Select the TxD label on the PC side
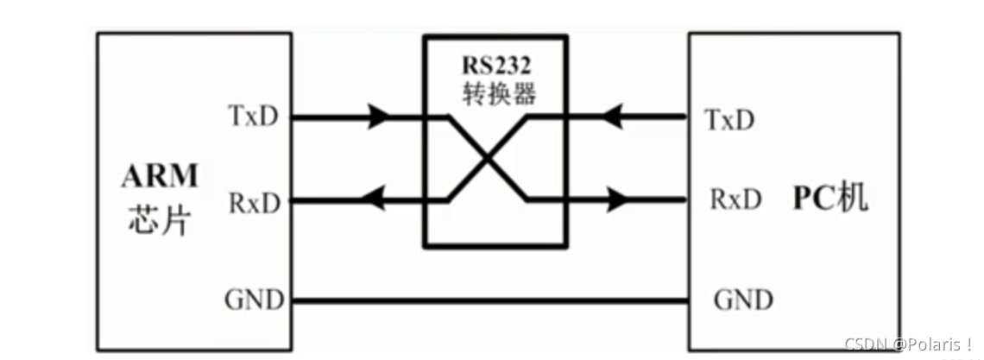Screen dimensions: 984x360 pos(729,120)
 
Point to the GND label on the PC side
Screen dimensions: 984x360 pos(743,300)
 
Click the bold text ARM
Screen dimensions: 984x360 pos(160,176)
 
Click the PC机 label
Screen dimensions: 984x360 pos(830,199)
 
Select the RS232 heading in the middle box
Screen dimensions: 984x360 pos(495,65)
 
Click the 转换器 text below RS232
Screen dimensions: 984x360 pos(495,93)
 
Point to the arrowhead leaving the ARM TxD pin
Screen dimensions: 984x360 pos(380,116)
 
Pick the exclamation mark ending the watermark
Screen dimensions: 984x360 pos(970,344)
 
